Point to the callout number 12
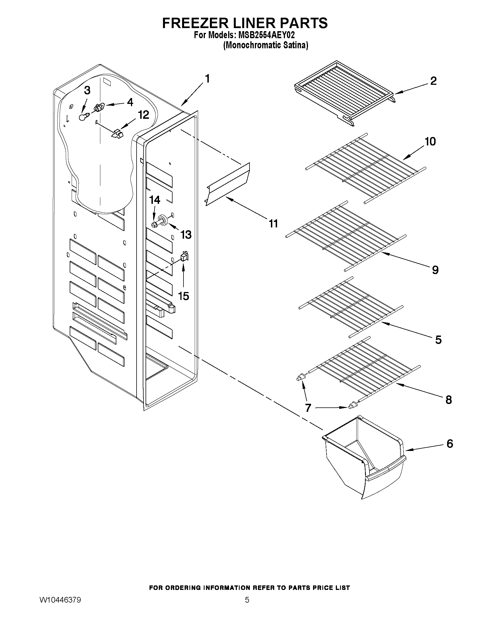click(x=143, y=115)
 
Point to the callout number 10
click(x=430, y=141)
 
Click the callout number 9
click(x=435, y=270)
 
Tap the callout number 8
click(x=448, y=400)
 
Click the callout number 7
click(x=308, y=408)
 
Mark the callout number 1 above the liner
click(x=207, y=79)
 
